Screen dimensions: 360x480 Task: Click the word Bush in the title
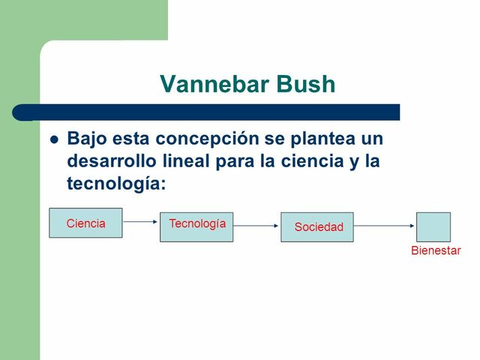(x=304, y=84)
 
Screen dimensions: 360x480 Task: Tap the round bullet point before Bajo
(x=53, y=139)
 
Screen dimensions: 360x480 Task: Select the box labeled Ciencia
(x=85, y=223)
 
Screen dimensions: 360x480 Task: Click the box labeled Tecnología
(x=196, y=226)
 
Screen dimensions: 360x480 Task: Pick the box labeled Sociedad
(x=317, y=226)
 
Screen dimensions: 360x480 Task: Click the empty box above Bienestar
(x=433, y=226)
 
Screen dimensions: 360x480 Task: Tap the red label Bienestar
(x=436, y=250)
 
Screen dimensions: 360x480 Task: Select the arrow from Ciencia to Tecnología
(x=141, y=222)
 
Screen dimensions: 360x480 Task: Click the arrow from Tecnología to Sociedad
(x=256, y=225)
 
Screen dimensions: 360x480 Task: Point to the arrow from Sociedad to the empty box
(x=385, y=225)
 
